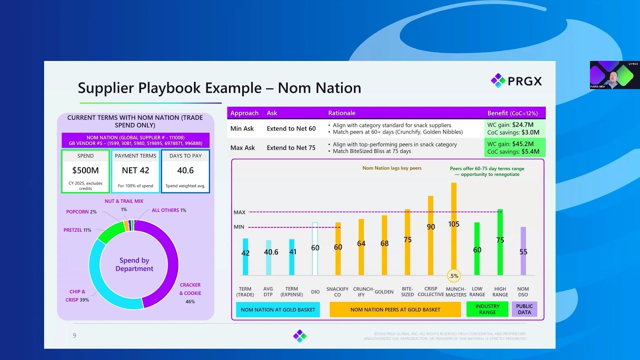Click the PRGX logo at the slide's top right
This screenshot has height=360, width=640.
pos(516,80)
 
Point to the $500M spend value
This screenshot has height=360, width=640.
pos(85,170)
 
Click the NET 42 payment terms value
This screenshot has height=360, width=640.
pos(135,170)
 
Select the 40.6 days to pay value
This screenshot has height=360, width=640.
pos(185,170)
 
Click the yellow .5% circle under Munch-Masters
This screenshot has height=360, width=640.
pos(453,275)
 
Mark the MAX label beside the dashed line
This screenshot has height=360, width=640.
pos(239,212)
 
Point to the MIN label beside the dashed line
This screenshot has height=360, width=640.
pos(239,227)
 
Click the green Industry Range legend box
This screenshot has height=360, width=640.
pos(487,309)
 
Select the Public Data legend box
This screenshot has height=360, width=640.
pos(524,309)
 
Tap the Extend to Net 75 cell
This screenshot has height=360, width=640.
pos(291,147)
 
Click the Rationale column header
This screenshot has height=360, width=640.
pos(341,113)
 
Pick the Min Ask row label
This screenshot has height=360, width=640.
pos(242,128)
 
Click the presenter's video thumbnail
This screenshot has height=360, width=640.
pos(614,75)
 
